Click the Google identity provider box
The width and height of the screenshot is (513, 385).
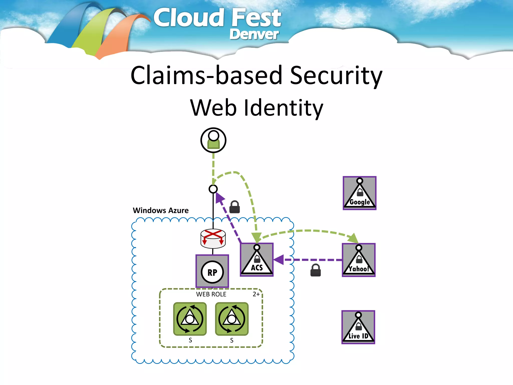[359, 193]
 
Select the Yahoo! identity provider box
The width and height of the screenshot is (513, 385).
[359, 260]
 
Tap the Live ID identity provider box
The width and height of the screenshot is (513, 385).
[358, 327]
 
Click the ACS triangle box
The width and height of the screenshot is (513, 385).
[257, 260]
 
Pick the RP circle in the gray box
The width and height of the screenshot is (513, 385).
[212, 272]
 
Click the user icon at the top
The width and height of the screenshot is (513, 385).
[213, 140]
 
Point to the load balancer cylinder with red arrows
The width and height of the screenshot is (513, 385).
[213, 239]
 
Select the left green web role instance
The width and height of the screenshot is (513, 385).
[190, 319]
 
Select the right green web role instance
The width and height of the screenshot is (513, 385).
[232, 319]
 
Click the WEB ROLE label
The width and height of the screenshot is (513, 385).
[211, 294]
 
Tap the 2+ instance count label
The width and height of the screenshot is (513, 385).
[256, 294]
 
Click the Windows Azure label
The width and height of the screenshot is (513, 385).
[161, 210]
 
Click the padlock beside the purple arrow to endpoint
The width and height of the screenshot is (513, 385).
[235, 207]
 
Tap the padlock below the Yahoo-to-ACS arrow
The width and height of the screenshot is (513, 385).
[316, 270]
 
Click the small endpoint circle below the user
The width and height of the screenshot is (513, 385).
[213, 189]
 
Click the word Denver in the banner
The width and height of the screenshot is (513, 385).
[254, 34]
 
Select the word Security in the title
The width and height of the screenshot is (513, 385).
[336, 75]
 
